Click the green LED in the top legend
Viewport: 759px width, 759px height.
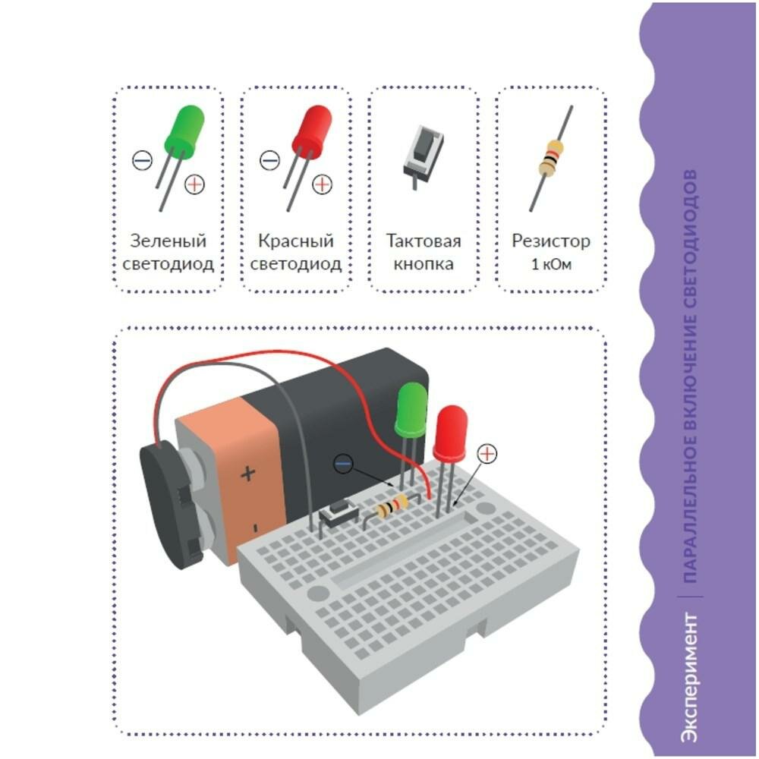click(x=184, y=131)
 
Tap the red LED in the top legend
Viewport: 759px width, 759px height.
click(x=312, y=131)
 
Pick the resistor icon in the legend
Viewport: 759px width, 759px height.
click(x=551, y=159)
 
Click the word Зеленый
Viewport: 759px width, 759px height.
click(x=168, y=242)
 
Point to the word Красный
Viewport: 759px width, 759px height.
click(x=296, y=242)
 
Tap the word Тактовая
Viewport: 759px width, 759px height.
click(x=424, y=242)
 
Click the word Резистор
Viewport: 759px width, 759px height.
click(x=551, y=242)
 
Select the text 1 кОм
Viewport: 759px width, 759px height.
click(x=551, y=266)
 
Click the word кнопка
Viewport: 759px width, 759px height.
click(x=424, y=265)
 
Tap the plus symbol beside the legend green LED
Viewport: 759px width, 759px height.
click(x=195, y=184)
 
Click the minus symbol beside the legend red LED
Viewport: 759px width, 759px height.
click(x=269, y=160)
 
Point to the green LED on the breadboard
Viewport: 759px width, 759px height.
click(x=411, y=410)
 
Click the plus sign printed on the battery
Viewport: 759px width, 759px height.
click(x=248, y=475)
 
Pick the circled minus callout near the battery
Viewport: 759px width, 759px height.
click(x=344, y=462)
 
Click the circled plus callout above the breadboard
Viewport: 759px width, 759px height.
click(x=487, y=454)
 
